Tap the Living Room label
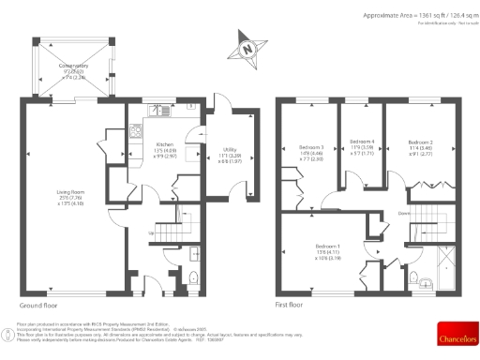(67, 199)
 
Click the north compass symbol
(247, 48)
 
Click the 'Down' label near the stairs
(404, 213)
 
